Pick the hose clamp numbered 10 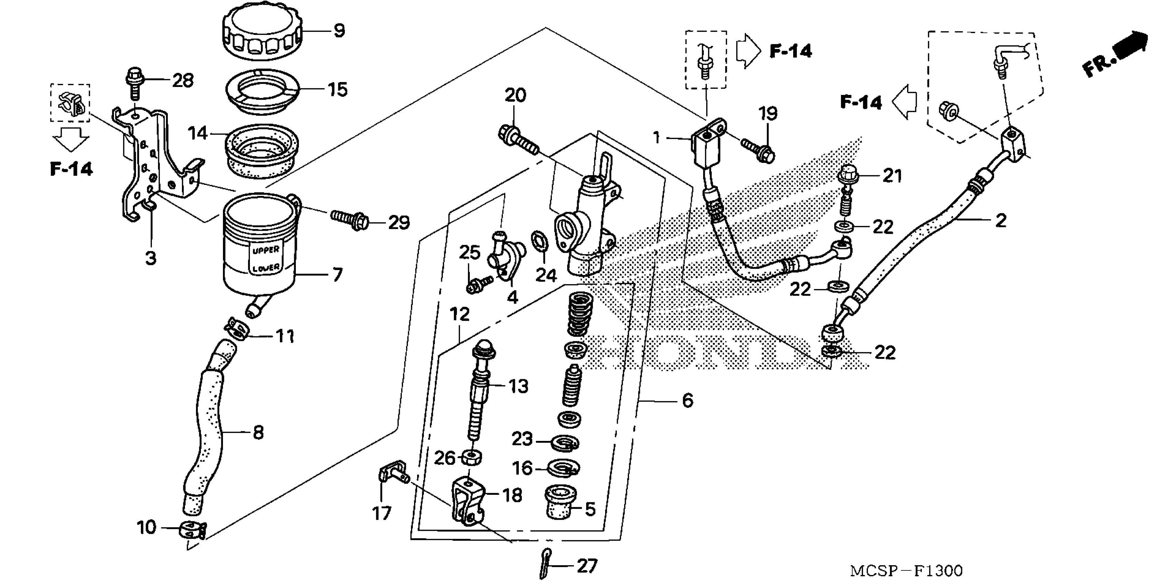coord(192,530)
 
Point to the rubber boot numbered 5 coord(561,502)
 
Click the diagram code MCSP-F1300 coord(906,570)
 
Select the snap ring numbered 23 coord(565,443)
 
